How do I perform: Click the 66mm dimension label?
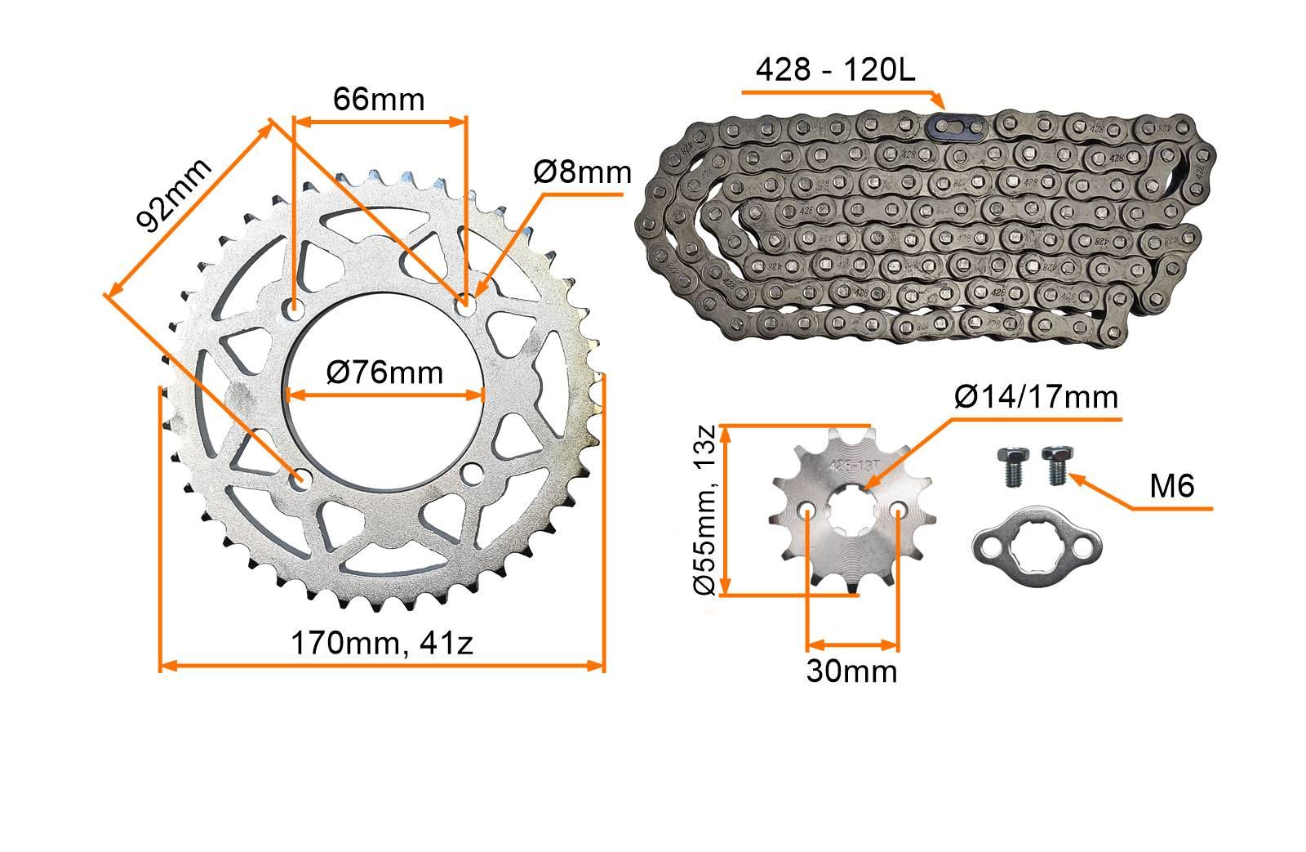pos(379,100)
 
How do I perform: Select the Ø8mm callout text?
pos(583,172)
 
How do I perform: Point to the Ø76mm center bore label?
pos(384,372)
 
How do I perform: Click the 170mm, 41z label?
pos(382,643)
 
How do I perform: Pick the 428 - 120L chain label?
pos(835,70)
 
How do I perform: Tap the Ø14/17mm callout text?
pos(1035,398)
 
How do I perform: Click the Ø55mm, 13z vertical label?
pos(707,511)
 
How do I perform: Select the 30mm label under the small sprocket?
pos(851,671)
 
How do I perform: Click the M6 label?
pos(1171,487)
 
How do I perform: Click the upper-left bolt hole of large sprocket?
pos(294,309)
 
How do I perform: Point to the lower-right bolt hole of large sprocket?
pos(473,474)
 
